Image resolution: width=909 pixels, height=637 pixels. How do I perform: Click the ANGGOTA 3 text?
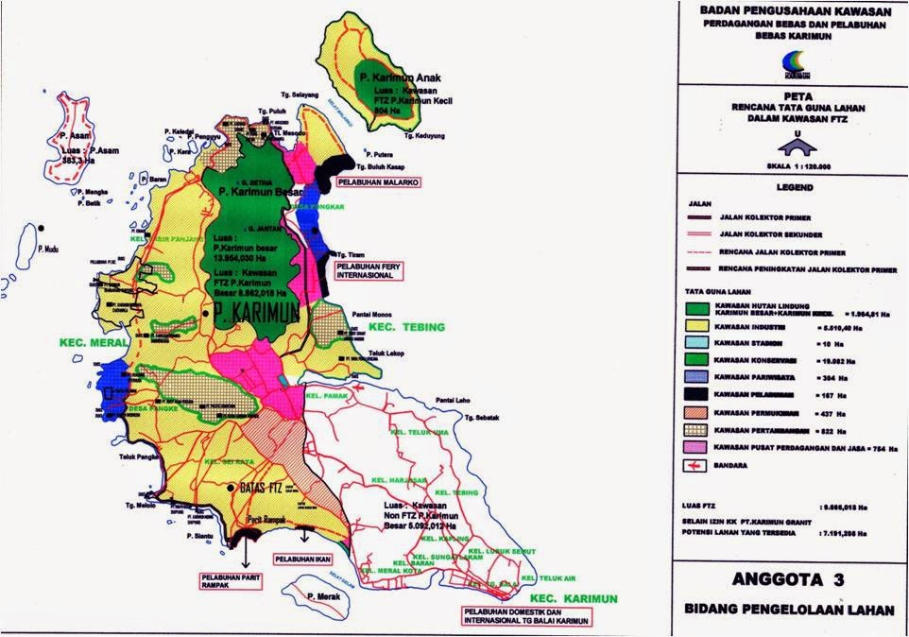(x=789, y=579)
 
